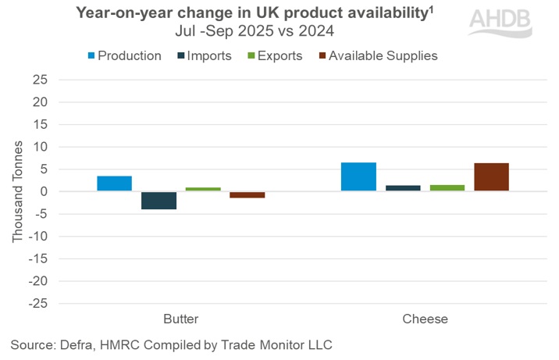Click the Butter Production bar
pyautogui.click(x=114, y=184)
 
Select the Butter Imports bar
pyautogui.click(x=158, y=200)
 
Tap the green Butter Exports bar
pyautogui.click(x=202, y=189)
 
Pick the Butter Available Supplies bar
pyautogui.click(x=247, y=194)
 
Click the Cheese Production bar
pyautogui.click(x=358, y=176)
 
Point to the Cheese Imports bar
pyautogui.click(x=403, y=188)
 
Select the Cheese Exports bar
pyautogui.click(x=447, y=187)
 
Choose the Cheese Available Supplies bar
pyautogui.click(x=491, y=177)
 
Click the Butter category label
pyautogui.click(x=180, y=319)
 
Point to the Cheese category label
pyautogui.click(x=425, y=319)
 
